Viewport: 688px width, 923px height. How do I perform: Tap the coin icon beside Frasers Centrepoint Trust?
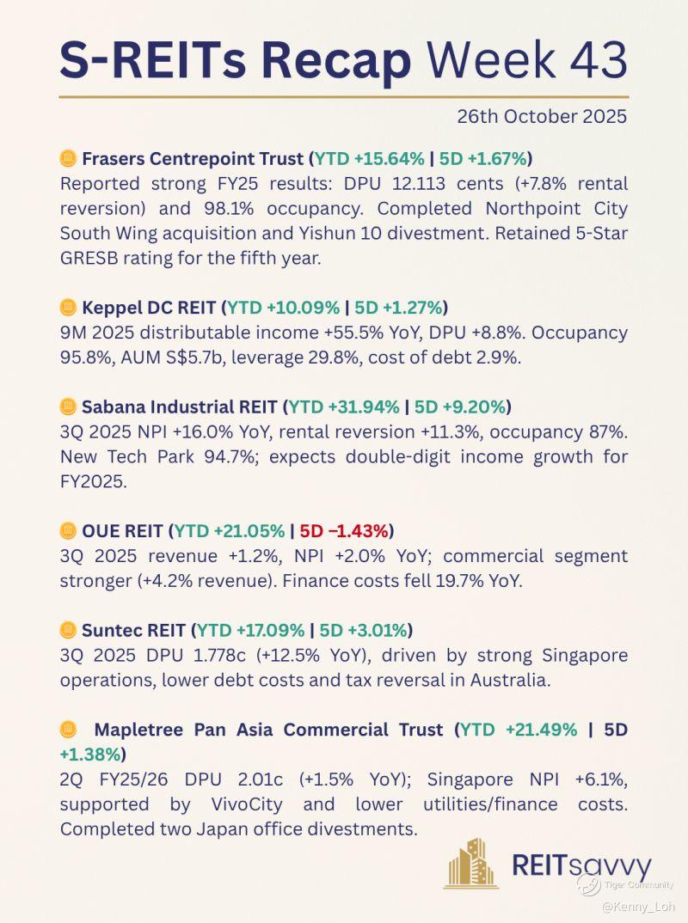point(68,158)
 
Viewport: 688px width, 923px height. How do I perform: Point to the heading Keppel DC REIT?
point(150,307)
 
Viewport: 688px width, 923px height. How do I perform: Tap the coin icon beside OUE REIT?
point(68,531)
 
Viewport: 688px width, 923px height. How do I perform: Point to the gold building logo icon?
point(470,863)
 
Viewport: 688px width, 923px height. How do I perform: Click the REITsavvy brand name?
point(581,866)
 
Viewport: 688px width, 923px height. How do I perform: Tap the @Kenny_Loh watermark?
point(638,906)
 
